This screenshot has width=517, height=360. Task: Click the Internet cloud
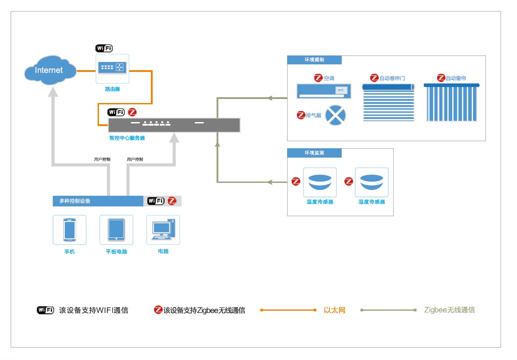[x=49, y=70]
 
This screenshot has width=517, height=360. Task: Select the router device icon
[x=112, y=68]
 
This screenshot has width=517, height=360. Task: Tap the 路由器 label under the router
[x=112, y=89]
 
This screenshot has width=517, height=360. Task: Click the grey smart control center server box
[x=174, y=125]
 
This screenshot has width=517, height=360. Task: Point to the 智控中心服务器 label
[x=127, y=138]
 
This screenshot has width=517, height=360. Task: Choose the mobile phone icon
[x=70, y=229]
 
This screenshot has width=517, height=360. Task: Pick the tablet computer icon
[x=116, y=229]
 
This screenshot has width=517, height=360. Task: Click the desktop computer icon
[x=163, y=229]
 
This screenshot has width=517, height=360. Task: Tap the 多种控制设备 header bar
[x=98, y=201]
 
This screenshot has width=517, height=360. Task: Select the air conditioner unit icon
[x=324, y=91]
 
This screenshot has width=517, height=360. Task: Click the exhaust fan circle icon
[x=335, y=115]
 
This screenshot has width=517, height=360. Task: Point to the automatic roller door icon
[x=388, y=103]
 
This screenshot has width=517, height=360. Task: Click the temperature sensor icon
[x=320, y=182]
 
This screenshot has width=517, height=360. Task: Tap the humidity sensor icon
[x=371, y=182]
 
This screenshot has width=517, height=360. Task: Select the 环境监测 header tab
[x=314, y=153]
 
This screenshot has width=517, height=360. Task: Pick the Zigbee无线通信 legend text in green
[x=449, y=310]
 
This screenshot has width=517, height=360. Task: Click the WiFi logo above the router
[x=104, y=48]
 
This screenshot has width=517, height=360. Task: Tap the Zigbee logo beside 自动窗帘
[x=441, y=78]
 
